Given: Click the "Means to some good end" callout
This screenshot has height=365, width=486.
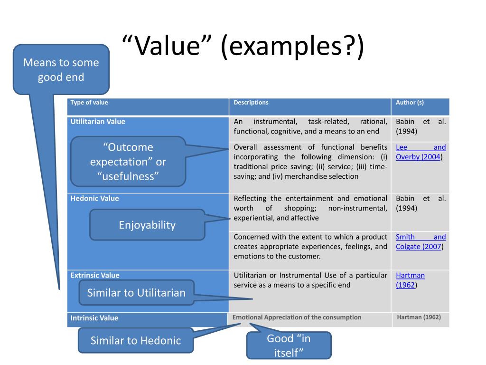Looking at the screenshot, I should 61,69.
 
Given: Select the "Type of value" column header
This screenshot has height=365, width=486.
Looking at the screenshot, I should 89,103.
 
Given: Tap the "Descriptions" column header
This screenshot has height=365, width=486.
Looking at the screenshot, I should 251,103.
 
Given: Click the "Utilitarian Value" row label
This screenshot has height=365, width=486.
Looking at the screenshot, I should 98,122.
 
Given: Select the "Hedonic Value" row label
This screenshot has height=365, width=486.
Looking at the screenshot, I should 94,199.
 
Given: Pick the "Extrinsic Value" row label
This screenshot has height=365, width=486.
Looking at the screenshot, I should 95,275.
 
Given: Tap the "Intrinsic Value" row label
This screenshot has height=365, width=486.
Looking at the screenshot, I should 94,318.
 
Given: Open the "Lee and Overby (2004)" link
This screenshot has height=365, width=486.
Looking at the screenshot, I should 421,152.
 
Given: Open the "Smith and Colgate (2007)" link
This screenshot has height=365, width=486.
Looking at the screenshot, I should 421,241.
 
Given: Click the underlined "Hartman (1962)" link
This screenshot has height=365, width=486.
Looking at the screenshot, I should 410,280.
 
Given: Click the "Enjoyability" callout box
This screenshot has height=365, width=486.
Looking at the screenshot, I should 147,225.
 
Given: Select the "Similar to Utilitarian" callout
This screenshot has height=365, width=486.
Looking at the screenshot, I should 136,292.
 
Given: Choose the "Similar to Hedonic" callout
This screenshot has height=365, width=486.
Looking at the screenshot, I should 136,340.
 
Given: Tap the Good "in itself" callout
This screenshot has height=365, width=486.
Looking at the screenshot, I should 289,346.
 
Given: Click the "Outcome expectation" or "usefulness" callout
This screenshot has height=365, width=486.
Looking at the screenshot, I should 128,162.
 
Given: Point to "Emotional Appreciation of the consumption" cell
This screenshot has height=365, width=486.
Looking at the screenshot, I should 297,317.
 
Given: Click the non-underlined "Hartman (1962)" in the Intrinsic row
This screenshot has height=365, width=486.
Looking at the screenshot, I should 419,317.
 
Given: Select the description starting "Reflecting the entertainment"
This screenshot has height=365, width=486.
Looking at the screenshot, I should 310,208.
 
